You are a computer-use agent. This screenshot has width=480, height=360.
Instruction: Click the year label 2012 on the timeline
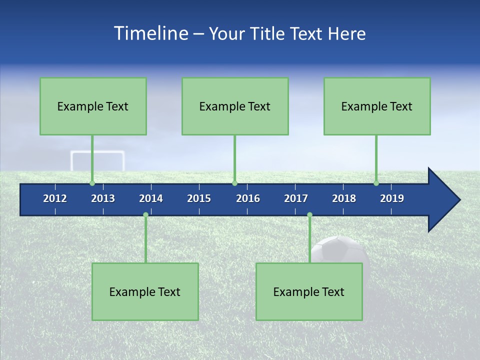pos(55,198)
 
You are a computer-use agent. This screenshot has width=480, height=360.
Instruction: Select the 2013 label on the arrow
pos(103,198)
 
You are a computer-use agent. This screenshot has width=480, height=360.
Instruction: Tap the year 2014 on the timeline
pos(151,198)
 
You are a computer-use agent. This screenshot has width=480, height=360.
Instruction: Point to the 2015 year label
pos(199,198)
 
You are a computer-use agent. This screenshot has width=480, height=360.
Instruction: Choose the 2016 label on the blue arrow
pos(248,198)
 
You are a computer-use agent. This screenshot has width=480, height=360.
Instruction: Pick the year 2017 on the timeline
pos(296,198)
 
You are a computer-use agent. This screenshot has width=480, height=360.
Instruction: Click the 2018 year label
pos(344,198)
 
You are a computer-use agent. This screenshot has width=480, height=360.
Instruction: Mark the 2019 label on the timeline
pos(392,198)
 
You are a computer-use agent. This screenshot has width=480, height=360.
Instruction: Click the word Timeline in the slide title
pos(150,33)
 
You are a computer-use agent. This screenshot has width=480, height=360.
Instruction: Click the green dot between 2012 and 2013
pos(92,183)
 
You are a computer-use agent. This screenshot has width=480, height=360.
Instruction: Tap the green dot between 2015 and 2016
pos(234,183)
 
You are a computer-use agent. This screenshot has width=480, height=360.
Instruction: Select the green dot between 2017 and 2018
pos(309,215)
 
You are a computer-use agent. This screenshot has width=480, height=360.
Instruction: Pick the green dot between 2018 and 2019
pos(376,183)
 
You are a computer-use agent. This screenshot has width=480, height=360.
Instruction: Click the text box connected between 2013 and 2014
pos(145,291)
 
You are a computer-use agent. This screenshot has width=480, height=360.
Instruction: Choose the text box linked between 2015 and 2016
pos(235,106)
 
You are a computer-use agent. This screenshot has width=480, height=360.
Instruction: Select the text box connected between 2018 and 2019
pos(377,106)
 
